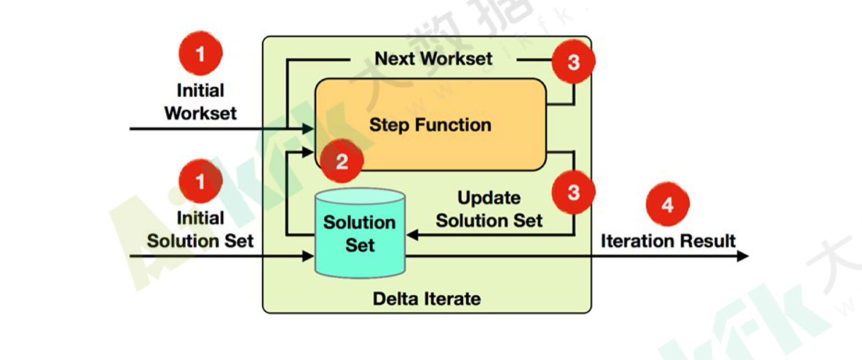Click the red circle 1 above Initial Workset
(201, 54)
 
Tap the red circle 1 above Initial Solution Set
(201, 181)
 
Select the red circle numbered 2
(342, 161)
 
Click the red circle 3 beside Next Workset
(573, 62)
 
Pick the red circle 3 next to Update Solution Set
(573, 192)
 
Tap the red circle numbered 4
(668, 205)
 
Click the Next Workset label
(433, 58)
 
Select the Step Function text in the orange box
(430, 125)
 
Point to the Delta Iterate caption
(427, 300)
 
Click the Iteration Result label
(668, 241)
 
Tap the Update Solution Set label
(489, 209)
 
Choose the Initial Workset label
(201, 102)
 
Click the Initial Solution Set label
(201, 229)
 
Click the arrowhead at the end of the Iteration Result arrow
(742, 256)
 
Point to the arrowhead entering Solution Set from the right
(411, 235)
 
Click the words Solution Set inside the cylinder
(360, 233)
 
